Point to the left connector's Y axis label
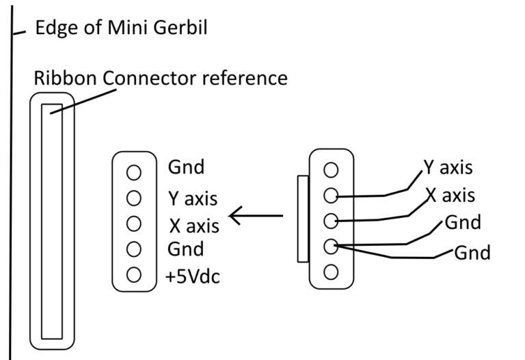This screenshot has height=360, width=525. coord(193,199)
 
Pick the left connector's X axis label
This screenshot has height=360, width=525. coord(193,225)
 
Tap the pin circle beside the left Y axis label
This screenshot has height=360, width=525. coord(134,198)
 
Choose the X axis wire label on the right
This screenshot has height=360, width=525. coord(451,195)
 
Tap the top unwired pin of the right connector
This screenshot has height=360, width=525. coord(331,169)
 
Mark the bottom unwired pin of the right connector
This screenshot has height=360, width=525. coord(331,271)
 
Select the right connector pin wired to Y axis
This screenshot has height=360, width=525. coord(331,195)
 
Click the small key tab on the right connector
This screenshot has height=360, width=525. coord(303,219)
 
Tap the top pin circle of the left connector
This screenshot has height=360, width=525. coord(134,171)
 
